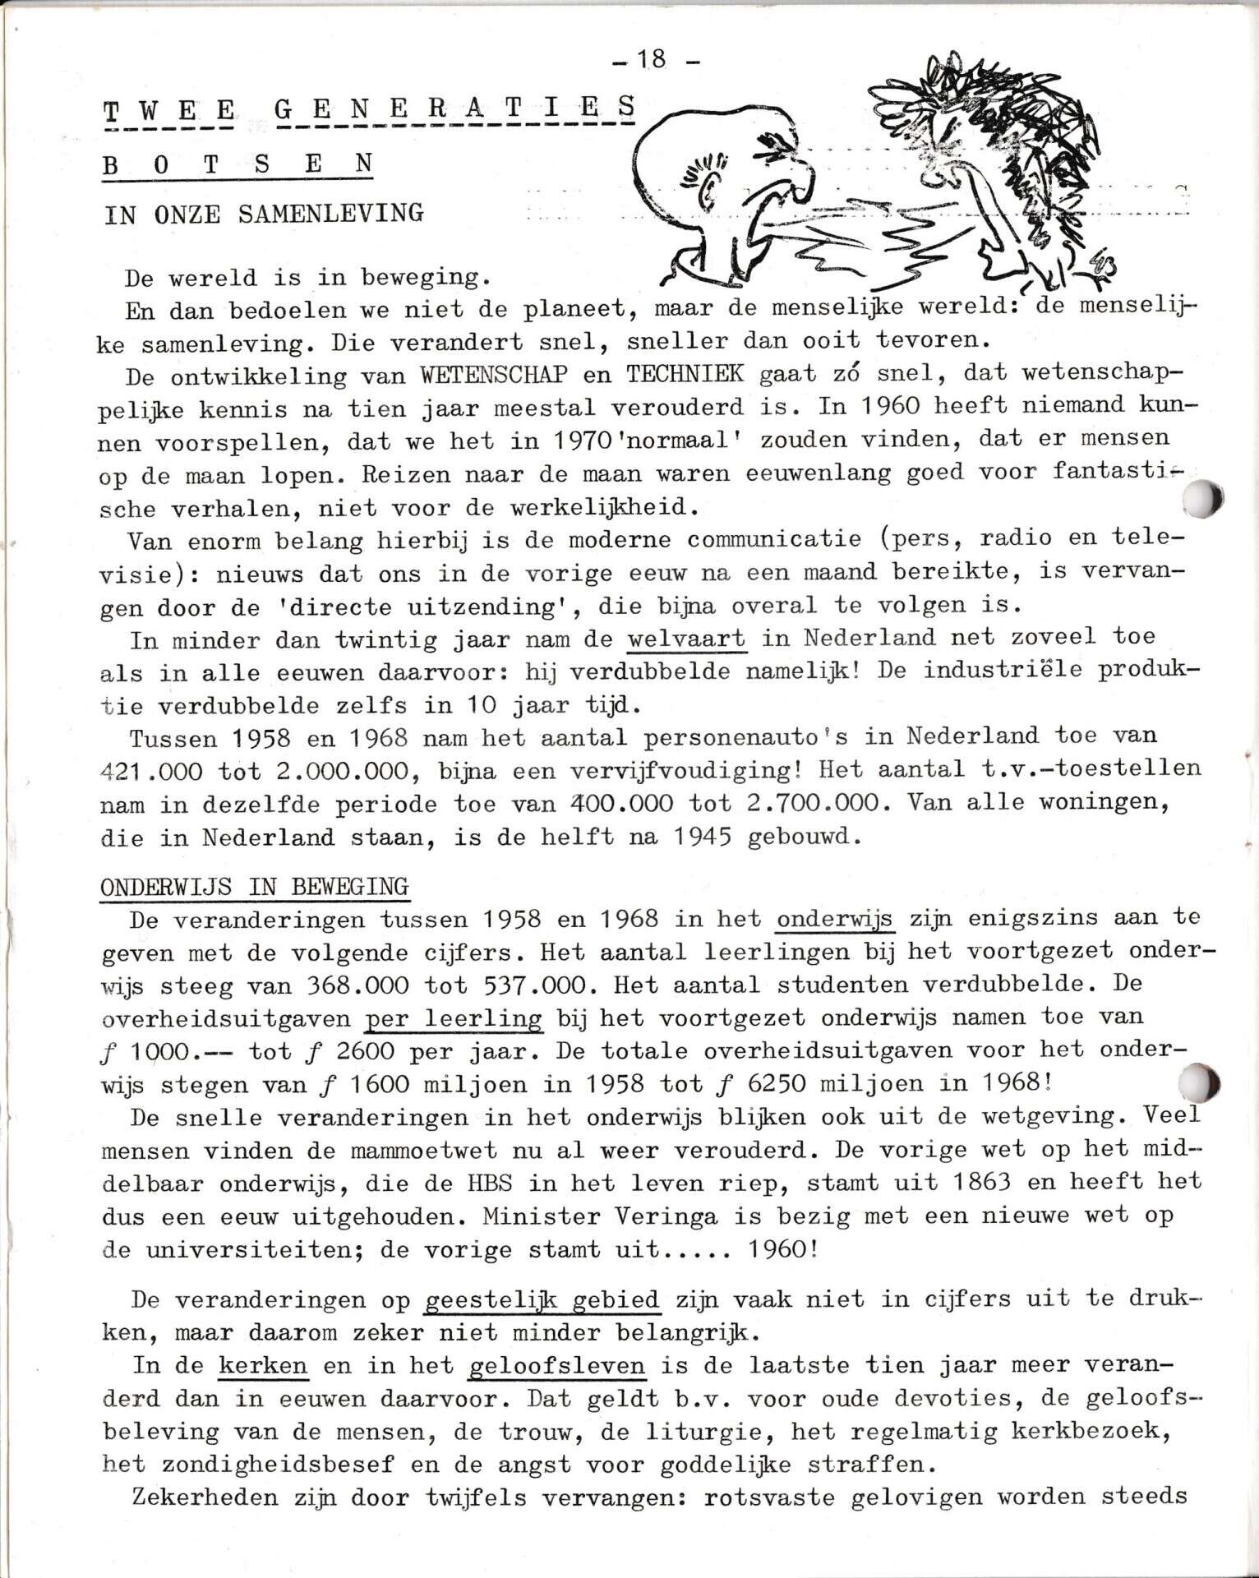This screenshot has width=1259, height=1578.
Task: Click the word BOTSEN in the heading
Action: click(238, 164)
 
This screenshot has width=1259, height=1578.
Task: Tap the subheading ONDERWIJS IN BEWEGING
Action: click(255, 887)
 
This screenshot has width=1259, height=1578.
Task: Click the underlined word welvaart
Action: click(687, 638)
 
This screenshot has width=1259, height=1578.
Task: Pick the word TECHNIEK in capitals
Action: click(685, 374)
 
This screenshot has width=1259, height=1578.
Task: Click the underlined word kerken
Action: click(263, 1366)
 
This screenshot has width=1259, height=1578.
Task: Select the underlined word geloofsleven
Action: click(556, 1366)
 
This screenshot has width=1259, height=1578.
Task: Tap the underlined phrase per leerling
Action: click(453, 1018)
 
